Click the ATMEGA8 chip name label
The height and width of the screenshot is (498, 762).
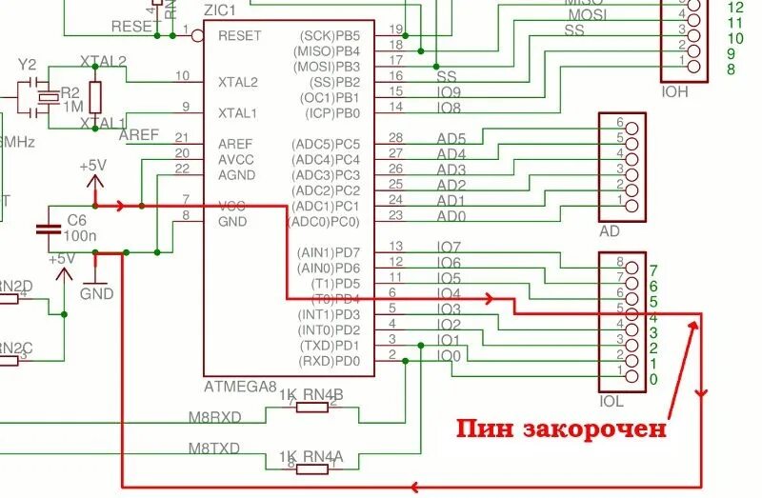[x=240, y=387]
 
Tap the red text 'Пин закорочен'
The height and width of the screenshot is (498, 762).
[x=559, y=428]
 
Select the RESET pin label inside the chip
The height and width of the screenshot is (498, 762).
[x=238, y=35]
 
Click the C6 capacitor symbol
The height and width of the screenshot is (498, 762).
[x=46, y=229]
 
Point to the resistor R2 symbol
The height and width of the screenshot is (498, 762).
[x=95, y=96]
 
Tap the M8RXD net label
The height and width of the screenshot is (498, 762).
[x=214, y=416]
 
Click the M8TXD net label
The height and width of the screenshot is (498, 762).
[x=213, y=448]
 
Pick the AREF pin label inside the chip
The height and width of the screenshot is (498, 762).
[x=235, y=143]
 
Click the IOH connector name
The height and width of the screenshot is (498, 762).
[x=675, y=92]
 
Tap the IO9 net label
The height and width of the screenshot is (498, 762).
[x=449, y=91]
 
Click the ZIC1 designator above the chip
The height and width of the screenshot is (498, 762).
[x=221, y=8]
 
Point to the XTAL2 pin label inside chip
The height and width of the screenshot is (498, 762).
[x=237, y=82]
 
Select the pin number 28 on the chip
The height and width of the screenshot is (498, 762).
[x=396, y=138]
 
